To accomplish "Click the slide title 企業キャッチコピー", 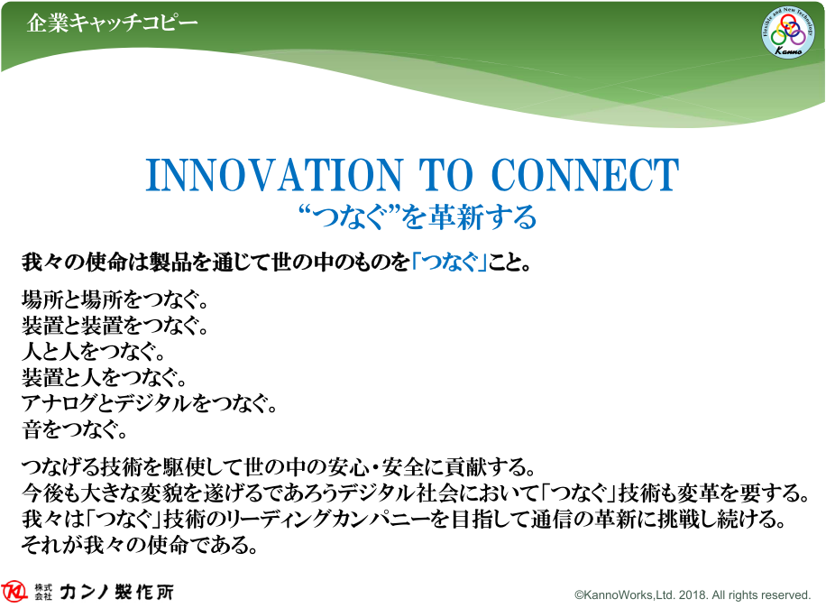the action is point(112,23).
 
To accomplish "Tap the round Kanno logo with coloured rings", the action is point(788,32).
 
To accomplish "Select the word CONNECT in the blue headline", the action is point(584,175).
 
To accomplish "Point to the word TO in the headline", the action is point(446,175).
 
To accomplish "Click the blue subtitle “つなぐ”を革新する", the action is point(418,216).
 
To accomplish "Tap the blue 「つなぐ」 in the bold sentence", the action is point(449,262).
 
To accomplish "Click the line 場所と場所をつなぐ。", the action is point(115,299).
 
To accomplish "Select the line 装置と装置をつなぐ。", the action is point(115,326).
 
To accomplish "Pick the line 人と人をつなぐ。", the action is point(94,352).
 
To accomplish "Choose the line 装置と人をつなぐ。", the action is point(105,377).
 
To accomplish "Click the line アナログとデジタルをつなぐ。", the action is point(149,403).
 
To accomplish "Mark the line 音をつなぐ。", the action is point(74,429).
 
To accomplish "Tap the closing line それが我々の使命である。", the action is point(140,545).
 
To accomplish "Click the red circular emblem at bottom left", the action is point(14,592).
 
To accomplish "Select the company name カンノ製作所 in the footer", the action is point(116,592).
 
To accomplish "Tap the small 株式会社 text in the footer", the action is point(43,592).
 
